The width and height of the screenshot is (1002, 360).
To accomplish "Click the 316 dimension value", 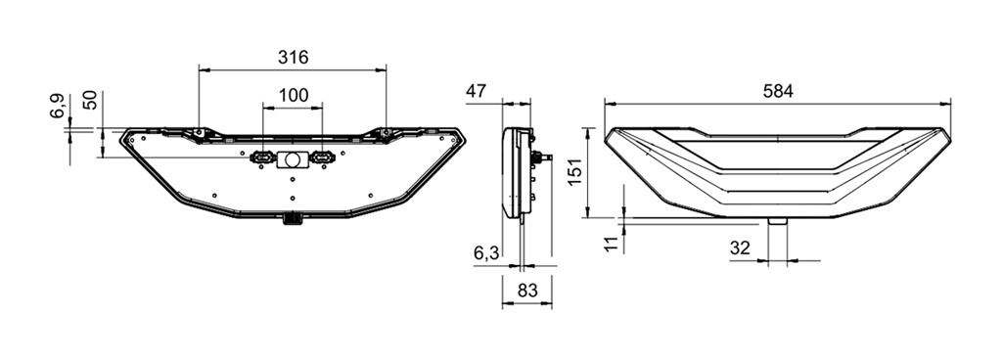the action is point(293,58).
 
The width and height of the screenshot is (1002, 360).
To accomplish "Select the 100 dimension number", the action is point(294,96).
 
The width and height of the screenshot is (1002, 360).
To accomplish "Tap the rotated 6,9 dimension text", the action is point(57,106).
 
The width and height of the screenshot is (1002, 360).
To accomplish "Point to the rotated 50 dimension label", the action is point(91,100).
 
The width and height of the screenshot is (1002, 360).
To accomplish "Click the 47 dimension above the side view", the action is point(477,92).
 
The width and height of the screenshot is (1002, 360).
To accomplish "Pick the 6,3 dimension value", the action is point(487,253).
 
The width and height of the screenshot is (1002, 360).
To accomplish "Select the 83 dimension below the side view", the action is point(526,291).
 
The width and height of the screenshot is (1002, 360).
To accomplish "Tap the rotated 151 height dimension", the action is point(575,172).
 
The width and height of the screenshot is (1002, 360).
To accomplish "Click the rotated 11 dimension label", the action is point(612,244).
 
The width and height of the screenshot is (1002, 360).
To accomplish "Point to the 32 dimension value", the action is point(740,248).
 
